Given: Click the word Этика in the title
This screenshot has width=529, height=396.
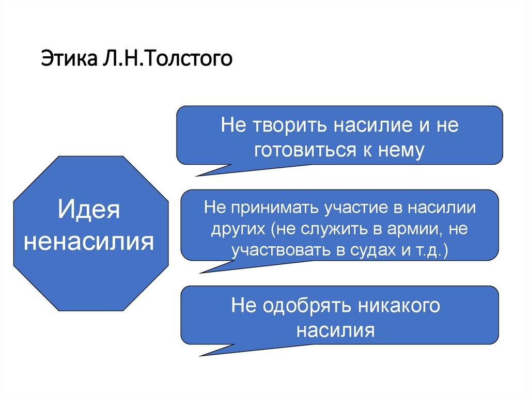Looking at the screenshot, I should pos(63,58).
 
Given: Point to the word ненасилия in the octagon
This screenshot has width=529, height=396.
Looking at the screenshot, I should pos(89,242).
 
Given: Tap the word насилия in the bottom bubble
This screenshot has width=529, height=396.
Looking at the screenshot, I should pos(336,329).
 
